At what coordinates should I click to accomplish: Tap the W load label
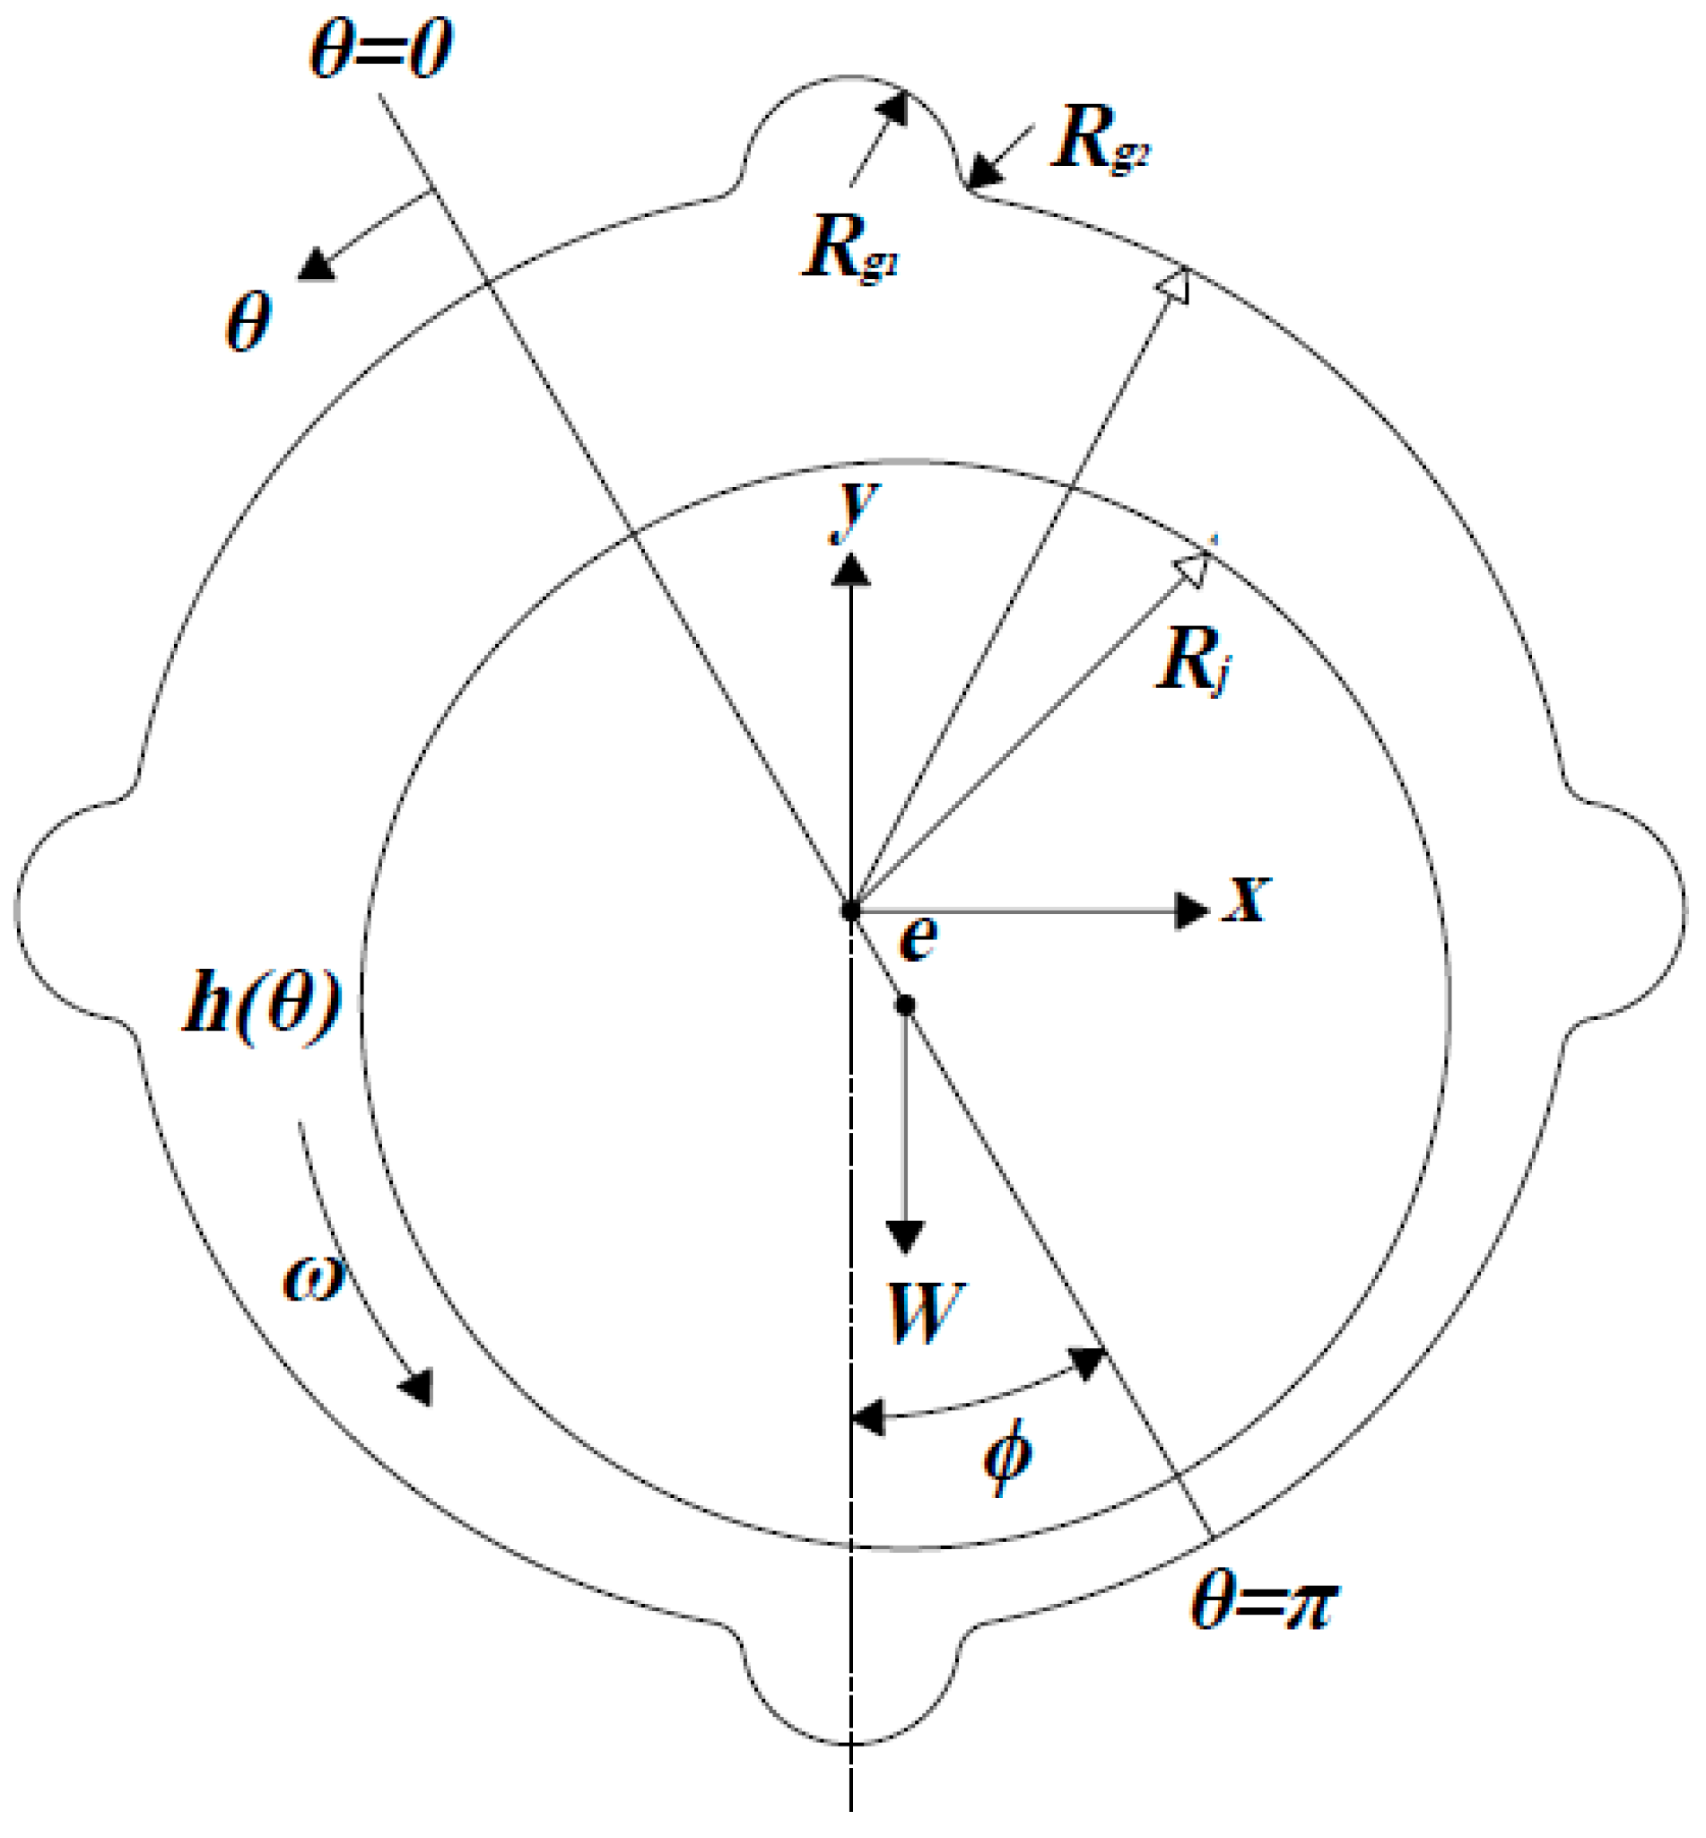coord(926,1313)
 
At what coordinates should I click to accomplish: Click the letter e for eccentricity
coord(918,940)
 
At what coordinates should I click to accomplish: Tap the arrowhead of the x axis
coord(1191,910)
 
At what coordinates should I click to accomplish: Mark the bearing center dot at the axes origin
coord(850,910)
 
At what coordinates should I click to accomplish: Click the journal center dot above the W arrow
coord(905,1005)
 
